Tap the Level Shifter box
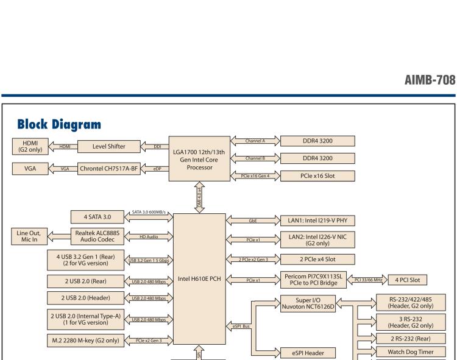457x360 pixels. click(109, 146)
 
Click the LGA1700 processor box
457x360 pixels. click(198, 157)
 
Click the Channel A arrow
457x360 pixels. click(254, 141)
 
